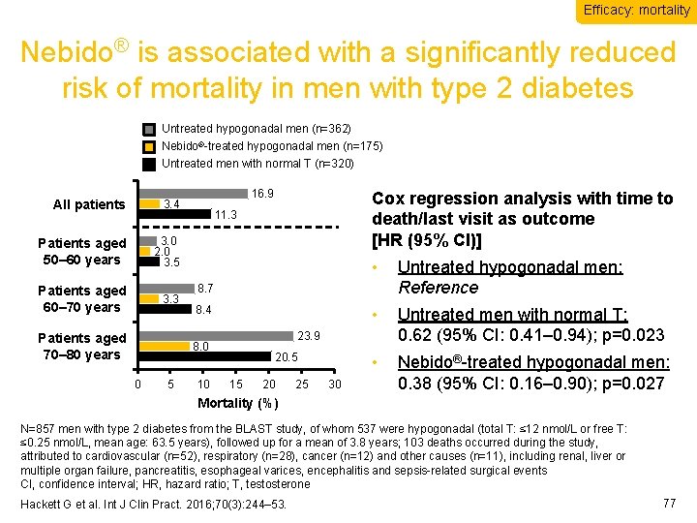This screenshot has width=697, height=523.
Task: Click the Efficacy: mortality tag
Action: (x=636, y=11)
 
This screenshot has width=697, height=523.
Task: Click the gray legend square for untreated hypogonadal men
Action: (x=148, y=129)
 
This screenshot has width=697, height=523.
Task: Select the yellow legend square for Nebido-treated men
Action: (x=148, y=146)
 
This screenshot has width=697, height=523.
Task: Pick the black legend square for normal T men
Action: (x=148, y=164)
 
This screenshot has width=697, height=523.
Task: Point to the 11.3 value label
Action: (x=226, y=214)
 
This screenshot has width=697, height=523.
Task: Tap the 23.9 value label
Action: (x=309, y=337)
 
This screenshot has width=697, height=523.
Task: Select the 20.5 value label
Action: (x=286, y=357)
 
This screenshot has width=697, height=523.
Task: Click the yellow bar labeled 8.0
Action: (x=165, y=346)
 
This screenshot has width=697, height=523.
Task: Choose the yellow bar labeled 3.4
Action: (x=150, y=203)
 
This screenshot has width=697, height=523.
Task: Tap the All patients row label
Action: (x=89, y=204)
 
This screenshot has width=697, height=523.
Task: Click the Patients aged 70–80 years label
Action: (x=81, y=346)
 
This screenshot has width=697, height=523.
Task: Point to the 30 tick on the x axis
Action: (x=335, y=385)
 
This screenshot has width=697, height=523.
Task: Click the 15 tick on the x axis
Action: (x=236, y=385)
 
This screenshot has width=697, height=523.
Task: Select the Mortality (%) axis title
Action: (x=237, y=403)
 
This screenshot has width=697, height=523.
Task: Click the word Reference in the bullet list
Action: (x=438, y=288)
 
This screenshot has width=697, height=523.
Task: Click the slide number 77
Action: (x=668, y=503)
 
